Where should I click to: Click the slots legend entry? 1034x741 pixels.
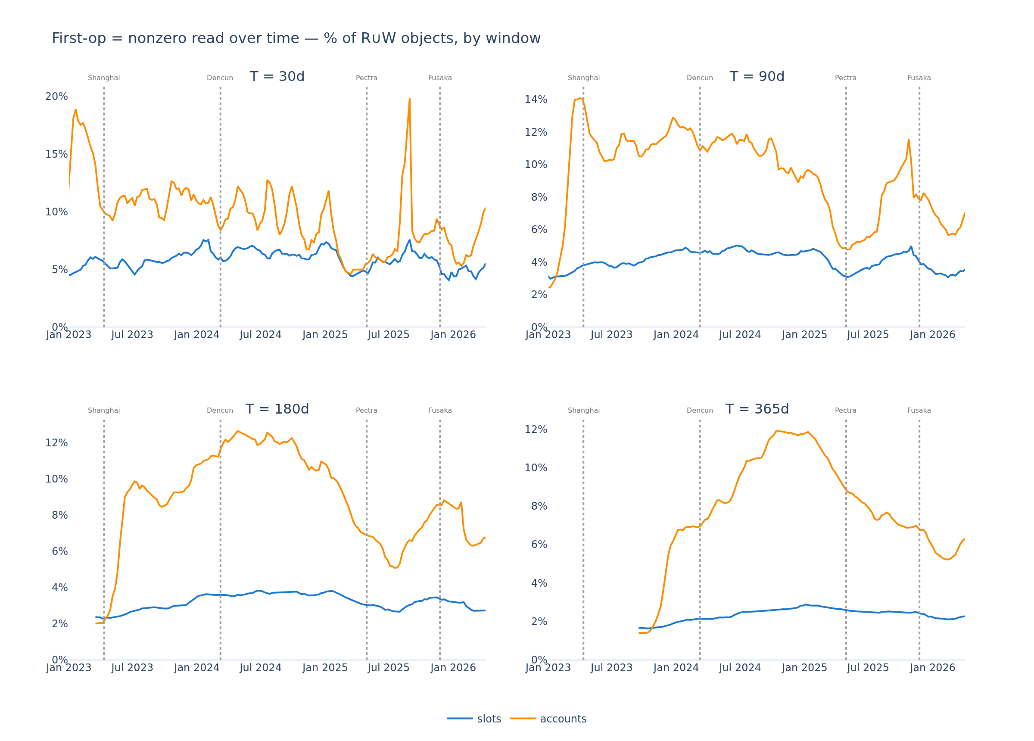pyautogui.click(x=474, y=719)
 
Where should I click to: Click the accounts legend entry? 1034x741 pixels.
pyautogui.click(x=548, y=719)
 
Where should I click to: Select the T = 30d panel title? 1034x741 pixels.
pyautogui.click(x=277, y=77)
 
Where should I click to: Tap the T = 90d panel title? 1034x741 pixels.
pyautogui.click(x=757, y=77)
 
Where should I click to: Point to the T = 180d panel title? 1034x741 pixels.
pyautogui.click(x=277, y=409)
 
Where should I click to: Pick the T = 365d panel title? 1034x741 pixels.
pyautogui.click(x=757, y=409)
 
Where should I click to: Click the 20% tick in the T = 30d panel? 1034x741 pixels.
pyautogui.click(x=56, y=97)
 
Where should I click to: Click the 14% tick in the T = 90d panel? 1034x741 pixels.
pyautogui.click(x=536, y=100)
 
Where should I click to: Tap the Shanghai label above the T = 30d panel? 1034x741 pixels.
pyautogui.click(x=104, y=78)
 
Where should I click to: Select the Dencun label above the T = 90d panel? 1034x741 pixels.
pyautogui.click(x=700, y=78)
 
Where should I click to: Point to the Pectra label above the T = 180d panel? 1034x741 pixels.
pyautogui.click(x=367, y=411)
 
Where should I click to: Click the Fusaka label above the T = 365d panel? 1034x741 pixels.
pyautogui.click(x=919, y=411)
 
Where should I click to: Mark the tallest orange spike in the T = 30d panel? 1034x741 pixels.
pyautogui.click(x=409, y=99)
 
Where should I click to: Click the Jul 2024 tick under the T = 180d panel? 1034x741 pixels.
pyautogui.click(x=261, y=668)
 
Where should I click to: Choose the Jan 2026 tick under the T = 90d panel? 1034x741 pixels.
pyautogui.click(x=932, y=335)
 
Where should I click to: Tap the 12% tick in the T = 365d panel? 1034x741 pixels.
pyautogui.click(x=536, y=430)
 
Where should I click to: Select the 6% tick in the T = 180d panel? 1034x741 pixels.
pyautogui.click(x=60, y=552)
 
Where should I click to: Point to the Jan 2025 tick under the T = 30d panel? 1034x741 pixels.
pyautogui.click(x=325, y=335)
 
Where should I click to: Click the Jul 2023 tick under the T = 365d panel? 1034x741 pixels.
pyautogui.click(x=612, y=668)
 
